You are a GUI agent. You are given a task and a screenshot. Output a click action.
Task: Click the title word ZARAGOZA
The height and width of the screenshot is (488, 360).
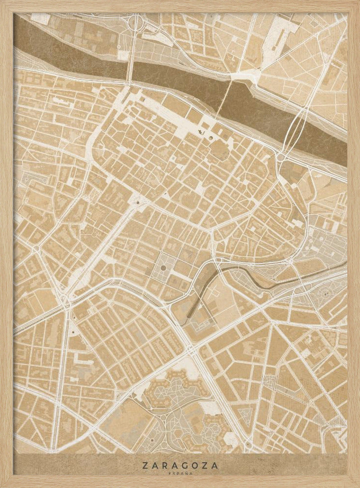[180, 466]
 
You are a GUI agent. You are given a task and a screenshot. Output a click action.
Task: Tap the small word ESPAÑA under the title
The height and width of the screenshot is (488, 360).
[180, 473]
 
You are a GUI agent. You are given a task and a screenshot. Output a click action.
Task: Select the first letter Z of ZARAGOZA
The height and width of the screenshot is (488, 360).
[145, 466]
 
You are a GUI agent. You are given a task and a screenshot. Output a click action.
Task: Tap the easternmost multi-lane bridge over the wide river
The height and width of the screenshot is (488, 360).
[293, 129]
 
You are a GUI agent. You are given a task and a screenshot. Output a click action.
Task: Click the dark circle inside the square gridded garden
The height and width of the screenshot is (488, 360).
[163, 268]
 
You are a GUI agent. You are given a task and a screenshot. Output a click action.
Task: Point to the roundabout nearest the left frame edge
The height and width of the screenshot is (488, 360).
[36, 249]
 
